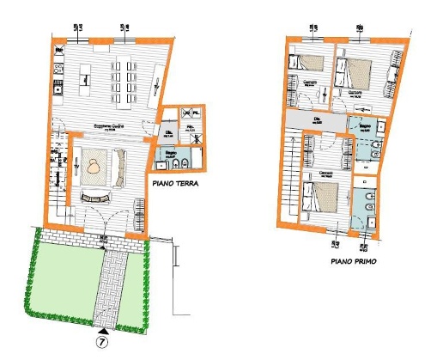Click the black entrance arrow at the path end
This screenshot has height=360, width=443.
tap(104, 329)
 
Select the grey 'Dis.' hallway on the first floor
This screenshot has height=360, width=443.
tap(318, 120)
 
